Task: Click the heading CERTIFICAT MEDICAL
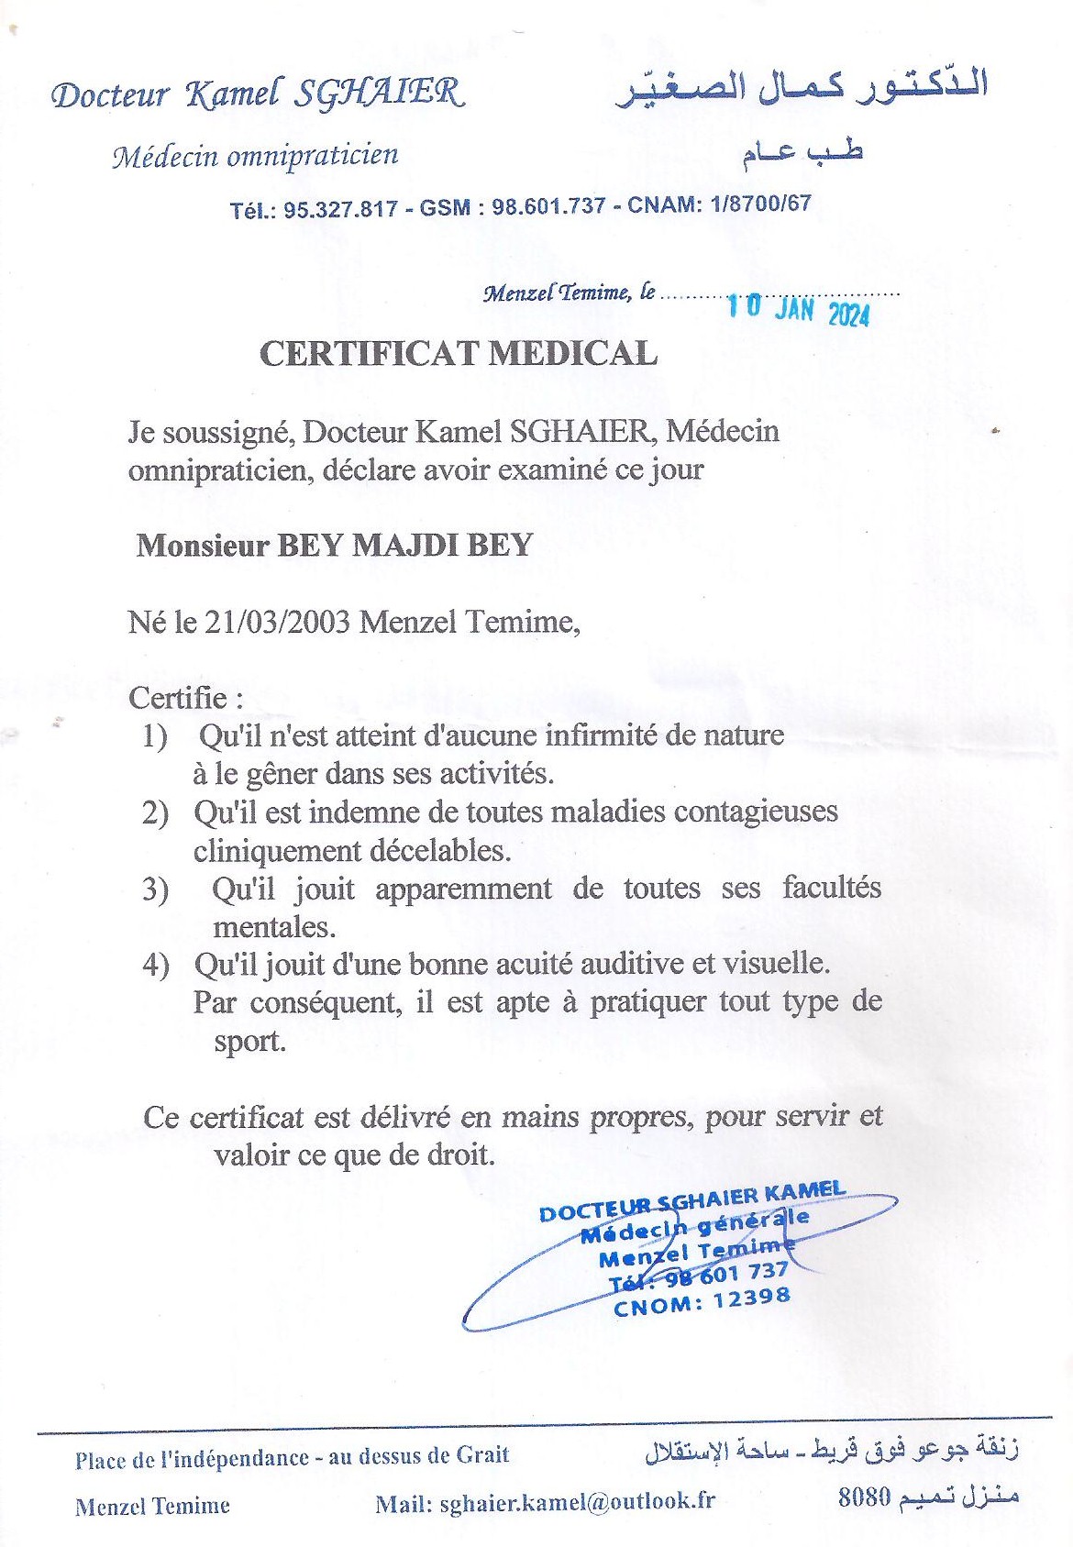(458, 354)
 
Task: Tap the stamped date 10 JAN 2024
(798, 310)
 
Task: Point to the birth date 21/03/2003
(277, 622)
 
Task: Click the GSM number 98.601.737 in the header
(548, 206)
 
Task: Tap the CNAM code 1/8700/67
(760, 203)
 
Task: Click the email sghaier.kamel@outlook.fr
(577, 1502)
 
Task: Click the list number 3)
(155, 889)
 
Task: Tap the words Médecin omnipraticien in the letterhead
(256, 157)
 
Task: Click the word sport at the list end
(249, 1042)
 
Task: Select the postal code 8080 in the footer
(864, 1497)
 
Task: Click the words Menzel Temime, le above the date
(569, 293)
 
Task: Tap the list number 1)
(155, 736)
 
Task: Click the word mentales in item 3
(273, 927)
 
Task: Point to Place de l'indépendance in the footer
(192, 1458)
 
